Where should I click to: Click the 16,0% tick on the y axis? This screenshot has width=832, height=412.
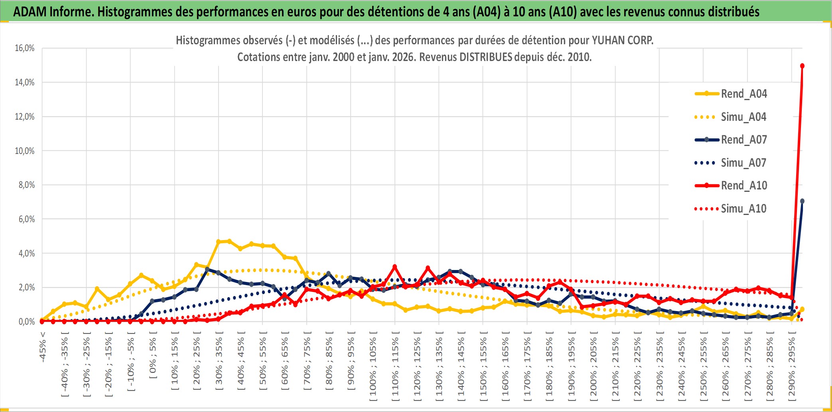pyautogui.click(x=25, y=48)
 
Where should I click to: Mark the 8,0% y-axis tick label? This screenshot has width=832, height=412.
pyautogui.click(x=26, y=185)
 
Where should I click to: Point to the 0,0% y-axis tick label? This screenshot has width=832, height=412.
pyautogui.click(x=26, y=322)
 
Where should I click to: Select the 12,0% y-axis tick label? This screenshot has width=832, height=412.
pyautogui.click(x=25, y=117)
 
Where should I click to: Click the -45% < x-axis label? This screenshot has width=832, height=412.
pyautogui.click(x=43, y=347)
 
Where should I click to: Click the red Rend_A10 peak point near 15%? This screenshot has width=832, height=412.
pyautogui.click(x=802, y=66)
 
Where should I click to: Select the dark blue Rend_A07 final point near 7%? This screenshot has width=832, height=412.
pyautogui.click(x=802, y=201)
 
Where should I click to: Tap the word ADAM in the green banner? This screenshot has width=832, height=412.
pyautogui.click(x=30, y=12)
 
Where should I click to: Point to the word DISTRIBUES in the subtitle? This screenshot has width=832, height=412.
pyautogui.click(x=485, y=57)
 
